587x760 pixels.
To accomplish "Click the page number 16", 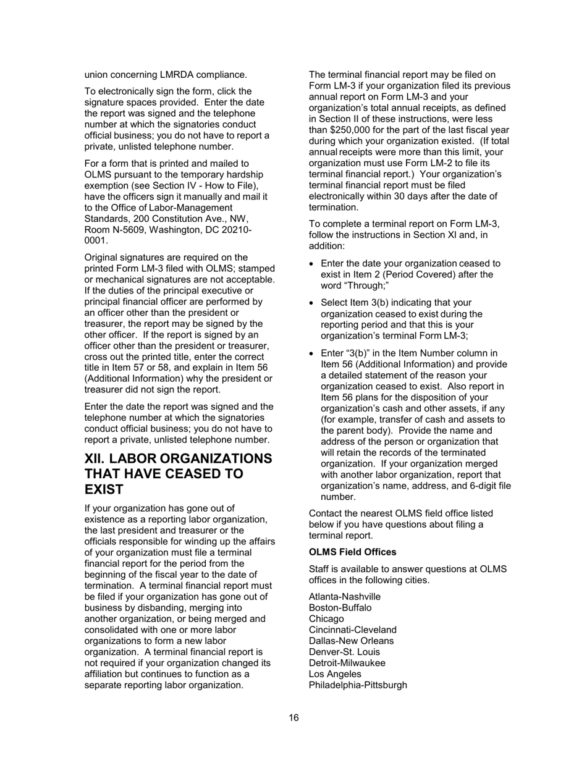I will point(293,717).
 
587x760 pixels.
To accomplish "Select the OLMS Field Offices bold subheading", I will point(352,552).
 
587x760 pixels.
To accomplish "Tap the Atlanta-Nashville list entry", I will point(345,596).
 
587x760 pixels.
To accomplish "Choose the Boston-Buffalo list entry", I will point(340,607).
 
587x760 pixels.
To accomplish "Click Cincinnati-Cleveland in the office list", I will point(353,630).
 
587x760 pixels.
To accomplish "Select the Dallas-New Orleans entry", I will point(351,641).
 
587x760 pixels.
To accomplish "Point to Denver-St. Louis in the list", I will point(344,652).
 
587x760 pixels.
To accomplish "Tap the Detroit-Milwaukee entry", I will point(347,663).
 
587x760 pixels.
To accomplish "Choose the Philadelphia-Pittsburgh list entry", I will point(358,685).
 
